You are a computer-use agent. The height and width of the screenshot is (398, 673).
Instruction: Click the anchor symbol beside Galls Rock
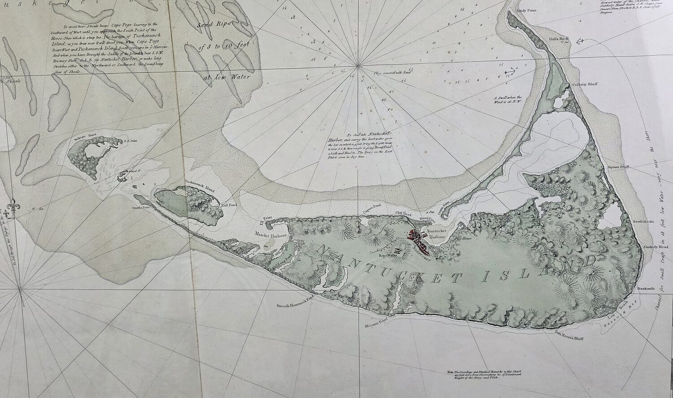click(579, 41)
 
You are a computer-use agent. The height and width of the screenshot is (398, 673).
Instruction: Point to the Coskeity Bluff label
click(582, 85)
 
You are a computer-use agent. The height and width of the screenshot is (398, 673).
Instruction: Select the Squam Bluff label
click(619, 167)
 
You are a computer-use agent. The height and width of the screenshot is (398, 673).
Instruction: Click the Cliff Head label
click(403, 215)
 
